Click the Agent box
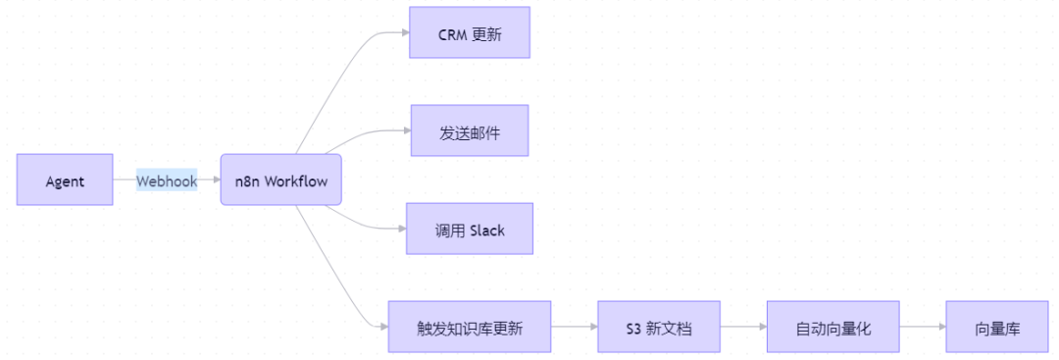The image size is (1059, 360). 65,180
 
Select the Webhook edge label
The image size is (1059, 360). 167,180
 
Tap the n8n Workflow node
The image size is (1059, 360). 281,180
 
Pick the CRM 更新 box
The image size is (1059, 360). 470,32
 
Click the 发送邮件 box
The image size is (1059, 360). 470,130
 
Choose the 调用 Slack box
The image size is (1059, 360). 470,229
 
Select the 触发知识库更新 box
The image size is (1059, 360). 470,327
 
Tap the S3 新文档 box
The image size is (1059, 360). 659,327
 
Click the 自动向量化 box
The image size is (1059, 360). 832,327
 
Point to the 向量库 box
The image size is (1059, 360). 997,327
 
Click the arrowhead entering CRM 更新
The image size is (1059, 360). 405,32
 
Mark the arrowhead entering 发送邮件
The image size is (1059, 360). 407,130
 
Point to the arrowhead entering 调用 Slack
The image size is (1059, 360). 401,229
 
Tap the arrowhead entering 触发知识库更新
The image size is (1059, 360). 383,327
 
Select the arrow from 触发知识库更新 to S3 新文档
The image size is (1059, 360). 574,327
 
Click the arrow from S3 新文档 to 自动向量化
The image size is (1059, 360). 743,327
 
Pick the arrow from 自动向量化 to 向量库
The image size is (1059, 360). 923,327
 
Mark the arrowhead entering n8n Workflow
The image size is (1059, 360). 216,180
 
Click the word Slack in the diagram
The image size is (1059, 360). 487,230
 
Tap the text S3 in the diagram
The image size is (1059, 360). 633,329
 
